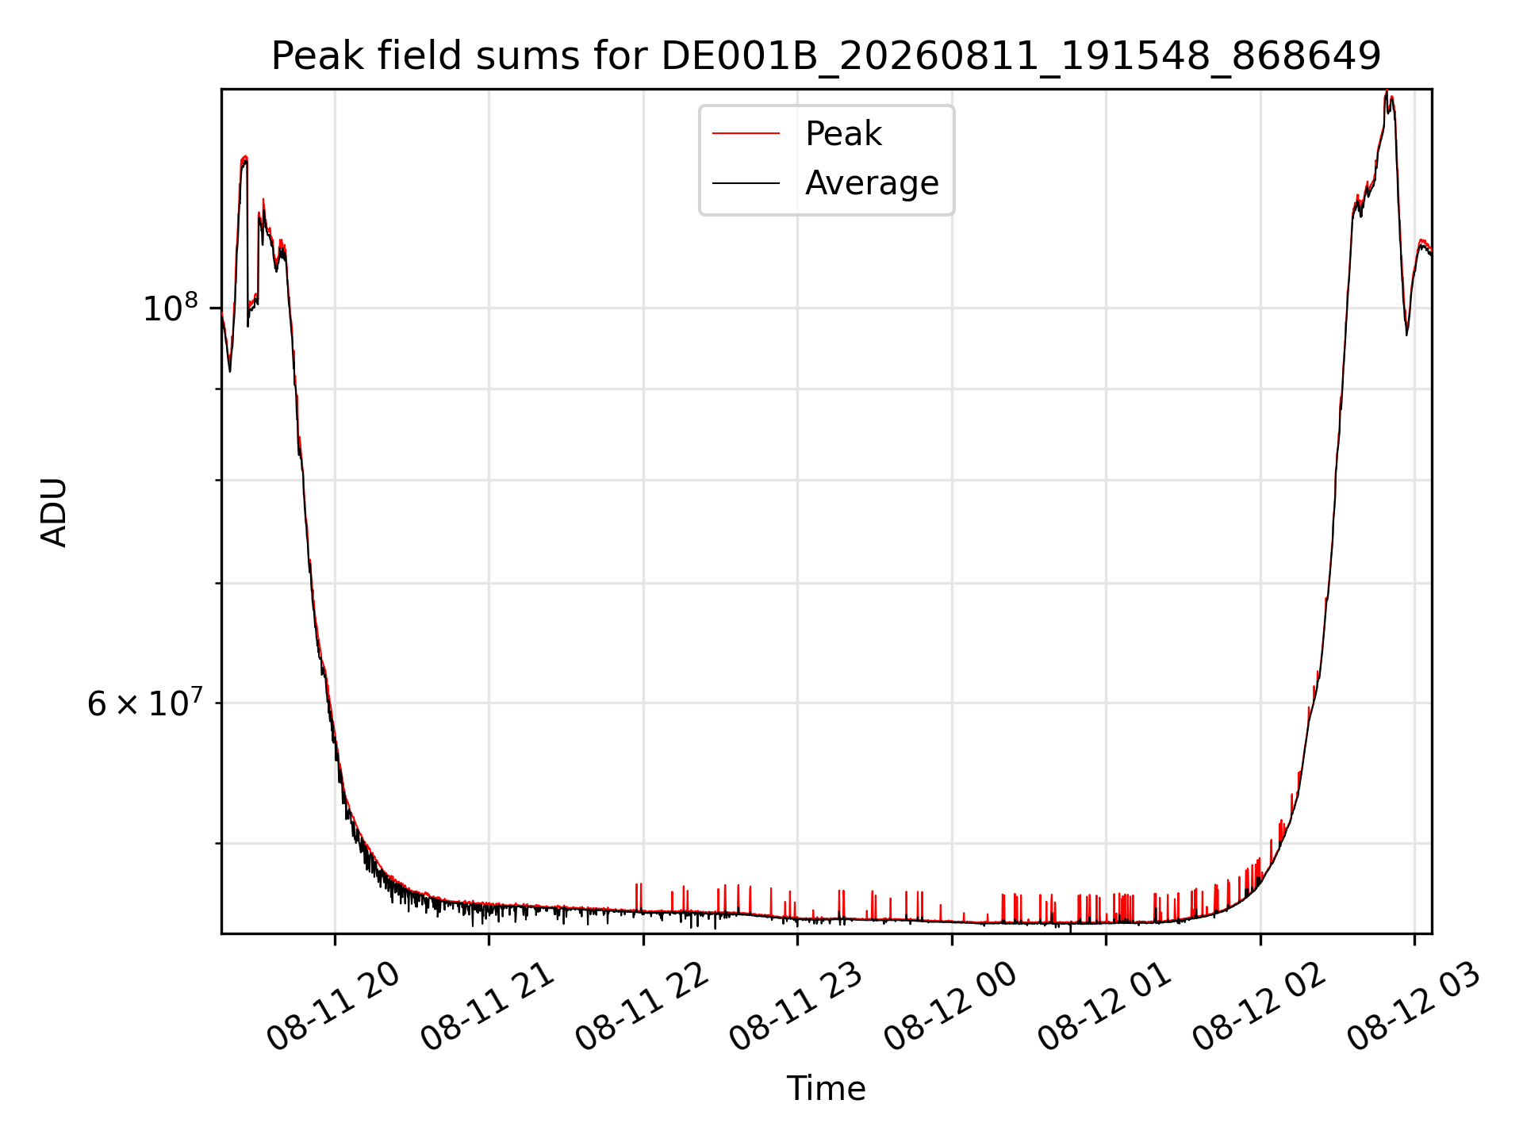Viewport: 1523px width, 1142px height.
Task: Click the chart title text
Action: coord(826,56)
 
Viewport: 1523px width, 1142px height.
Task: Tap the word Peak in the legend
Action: coord(843,134)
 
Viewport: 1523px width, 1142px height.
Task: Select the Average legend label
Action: coord(872,183)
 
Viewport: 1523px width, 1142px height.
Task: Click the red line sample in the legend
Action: coord(746,134)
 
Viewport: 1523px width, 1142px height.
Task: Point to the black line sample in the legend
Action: coord(746,183)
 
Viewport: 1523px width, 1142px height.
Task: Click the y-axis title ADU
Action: coord(54,512)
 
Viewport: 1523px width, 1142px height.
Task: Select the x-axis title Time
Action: coord(826,1088)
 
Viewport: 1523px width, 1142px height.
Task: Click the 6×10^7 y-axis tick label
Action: coord(144,702)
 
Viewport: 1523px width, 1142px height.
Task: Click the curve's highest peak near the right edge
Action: coord(1387,92)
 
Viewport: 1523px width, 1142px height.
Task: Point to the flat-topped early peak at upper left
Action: coord(244,159)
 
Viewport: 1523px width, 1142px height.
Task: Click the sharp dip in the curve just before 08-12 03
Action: coord(1407,333)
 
